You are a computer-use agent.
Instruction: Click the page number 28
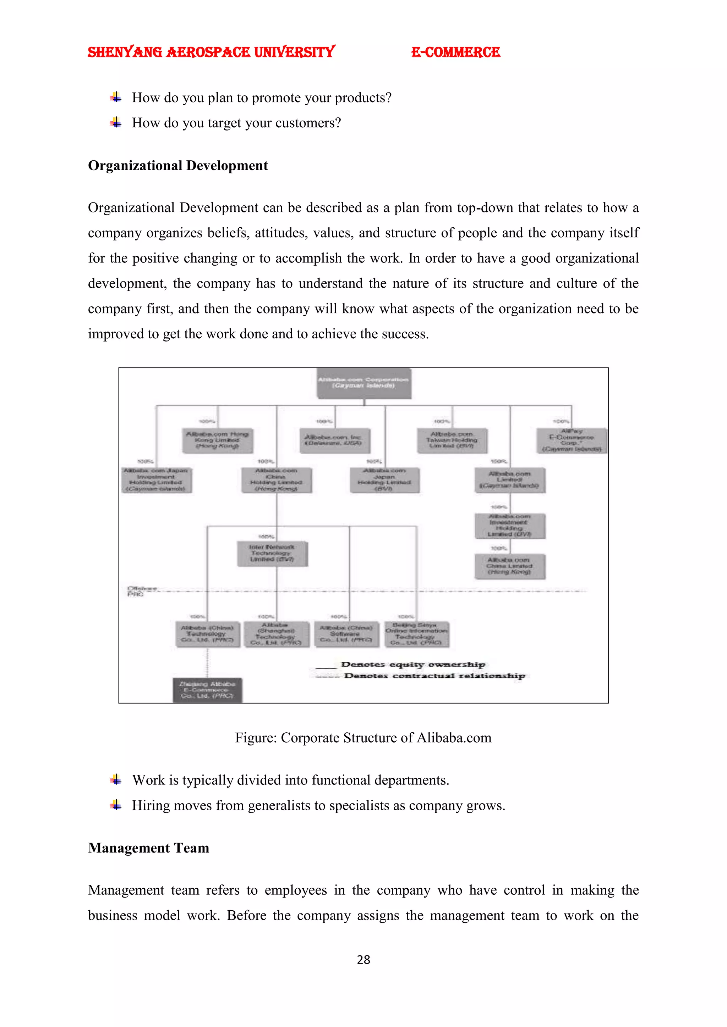tap(363, 960)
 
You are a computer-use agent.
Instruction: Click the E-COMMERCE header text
tap(455, 52)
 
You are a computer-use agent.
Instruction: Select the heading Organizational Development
tap(178, 166)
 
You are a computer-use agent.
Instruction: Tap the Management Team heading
tap(149, 848)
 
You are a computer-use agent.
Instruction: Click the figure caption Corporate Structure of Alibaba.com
tap(363, 738)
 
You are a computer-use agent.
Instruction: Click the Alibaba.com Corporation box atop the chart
tap(363, 383)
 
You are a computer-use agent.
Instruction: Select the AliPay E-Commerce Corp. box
tap(572, 440)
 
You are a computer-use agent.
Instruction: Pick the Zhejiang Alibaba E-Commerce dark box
tap(207, 690)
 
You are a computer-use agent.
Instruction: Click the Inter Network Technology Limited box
tap(272, 553)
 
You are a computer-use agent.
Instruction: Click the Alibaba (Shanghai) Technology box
tap(276, 634)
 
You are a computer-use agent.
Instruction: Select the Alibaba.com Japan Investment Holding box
tap(156, 480)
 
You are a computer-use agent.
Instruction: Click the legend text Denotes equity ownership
tap(413, 664)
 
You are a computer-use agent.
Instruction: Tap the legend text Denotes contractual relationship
tap(434, 676)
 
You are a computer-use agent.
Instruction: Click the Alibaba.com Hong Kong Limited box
tap(217, 440)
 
